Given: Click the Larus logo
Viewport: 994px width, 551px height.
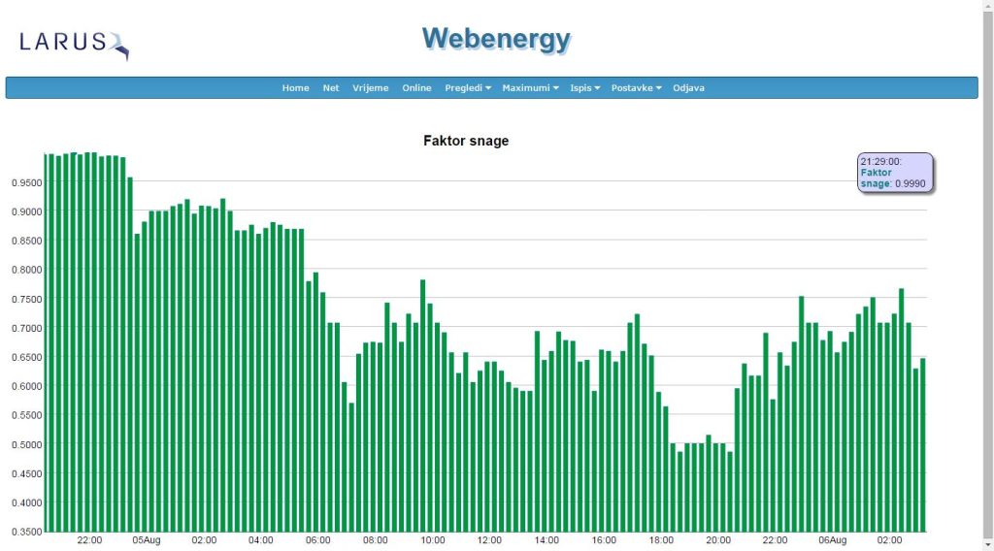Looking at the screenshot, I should coord(73,43).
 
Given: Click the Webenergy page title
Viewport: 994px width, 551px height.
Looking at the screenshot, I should coord(496,39).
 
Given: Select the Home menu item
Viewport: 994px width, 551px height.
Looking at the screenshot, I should coord(295,88).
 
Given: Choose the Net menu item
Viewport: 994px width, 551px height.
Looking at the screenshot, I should coord(331,88).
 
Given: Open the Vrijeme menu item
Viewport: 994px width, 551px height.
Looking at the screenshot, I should coord(370,88).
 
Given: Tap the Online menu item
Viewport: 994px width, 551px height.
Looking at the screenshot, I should coord(416,88).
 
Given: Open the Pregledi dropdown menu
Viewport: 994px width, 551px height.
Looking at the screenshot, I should coord(468,88).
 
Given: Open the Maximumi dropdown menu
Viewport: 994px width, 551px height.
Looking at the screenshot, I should coord(530,88).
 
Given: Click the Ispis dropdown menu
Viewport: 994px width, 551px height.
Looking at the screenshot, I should coord(585,88).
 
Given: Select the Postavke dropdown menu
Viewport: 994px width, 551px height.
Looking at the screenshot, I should coord(636,88).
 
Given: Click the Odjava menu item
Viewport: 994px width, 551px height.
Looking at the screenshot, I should coord(688,88).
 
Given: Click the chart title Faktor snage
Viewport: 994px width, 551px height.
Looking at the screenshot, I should coord(466,141).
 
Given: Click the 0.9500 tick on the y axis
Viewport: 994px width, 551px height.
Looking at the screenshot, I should coord(24,182).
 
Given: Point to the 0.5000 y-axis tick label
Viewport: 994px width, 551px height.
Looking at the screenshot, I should coord(24,444).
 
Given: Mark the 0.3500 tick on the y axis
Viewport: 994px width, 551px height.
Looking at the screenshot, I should coord(24,532).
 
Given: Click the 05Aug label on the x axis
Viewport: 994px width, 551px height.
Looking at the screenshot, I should coord(147,539).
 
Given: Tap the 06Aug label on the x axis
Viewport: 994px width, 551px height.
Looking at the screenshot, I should coord(832,539).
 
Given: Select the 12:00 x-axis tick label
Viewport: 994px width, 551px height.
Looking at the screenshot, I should coord(489,539).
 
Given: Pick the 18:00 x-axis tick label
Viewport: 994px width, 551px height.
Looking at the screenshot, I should coord(661,539).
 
